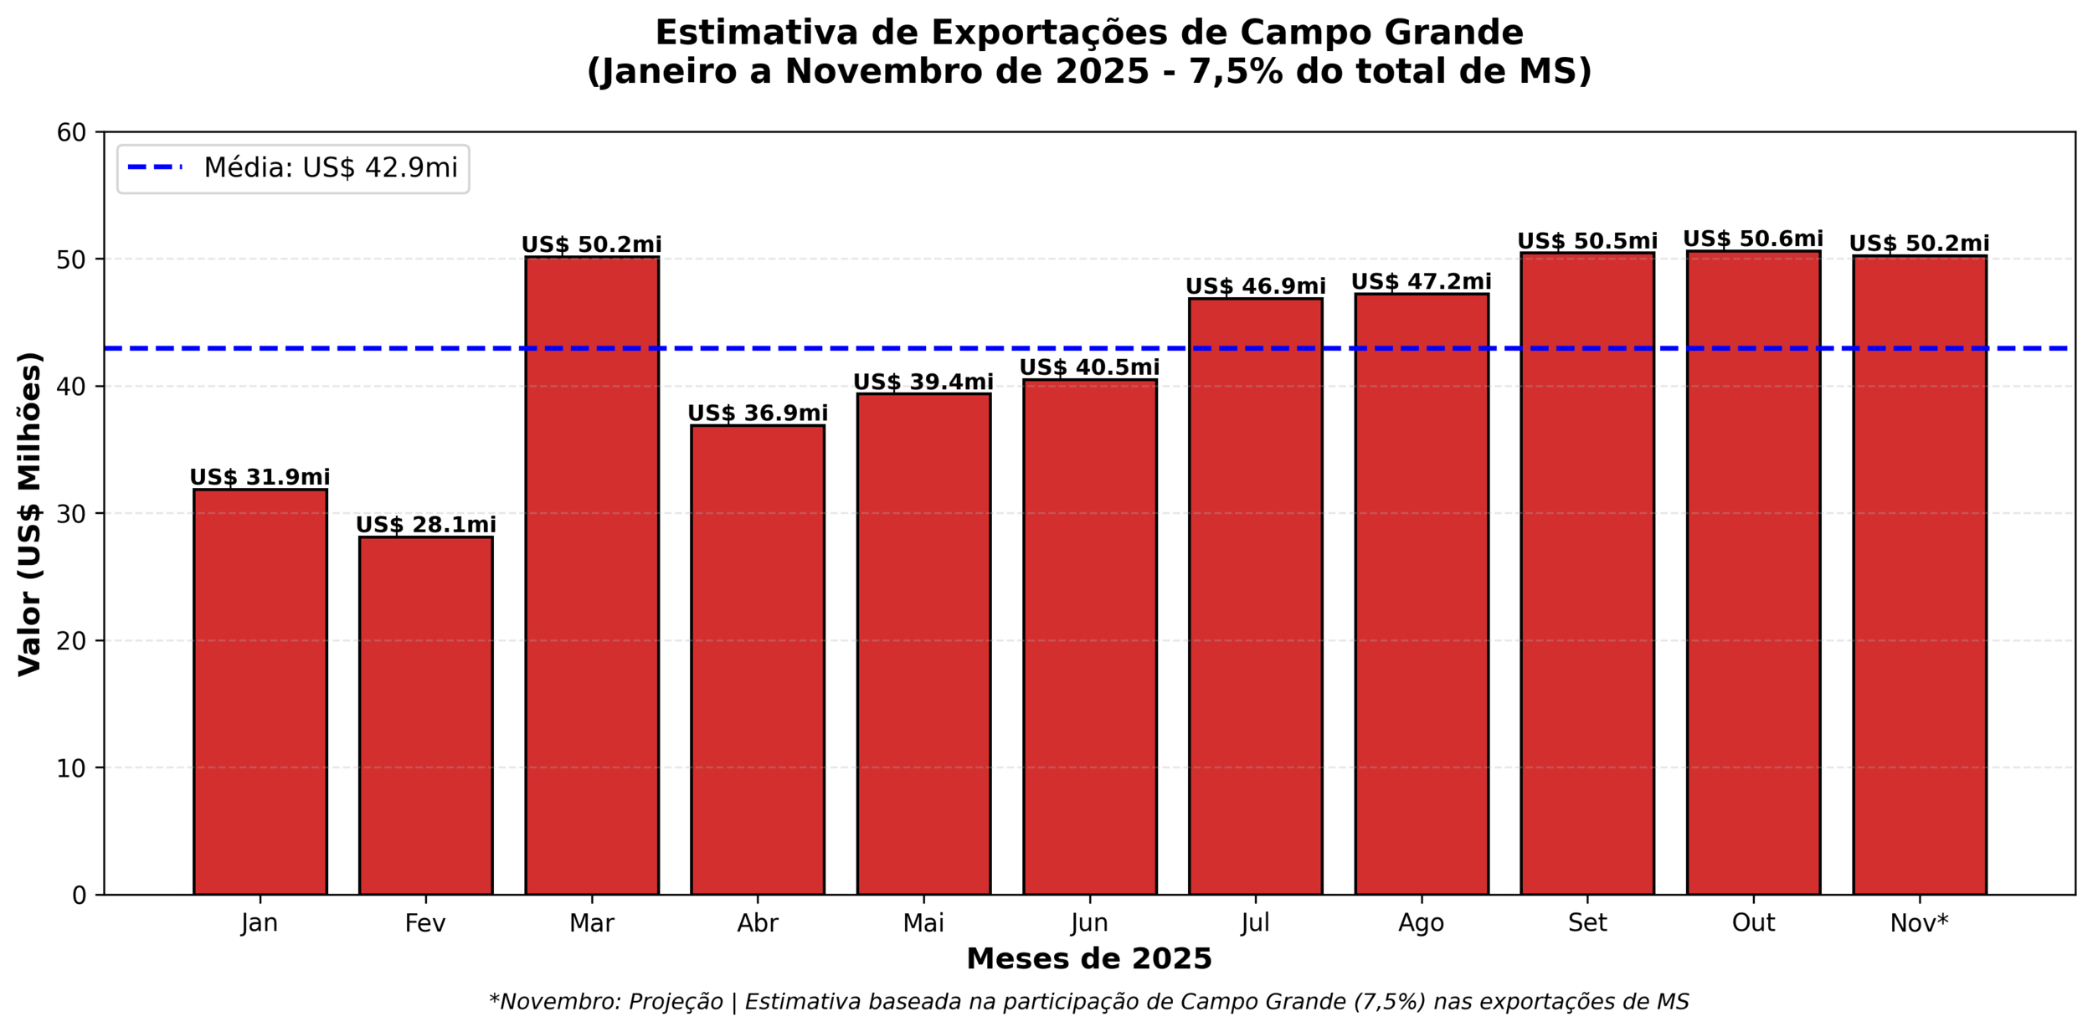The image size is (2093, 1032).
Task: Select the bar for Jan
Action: (x=260, y=692)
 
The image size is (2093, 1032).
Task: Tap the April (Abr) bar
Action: (x=758, y=660)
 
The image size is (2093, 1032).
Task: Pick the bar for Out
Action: (x=1753, y=573)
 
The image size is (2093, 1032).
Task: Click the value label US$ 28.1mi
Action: (x=425, y=525)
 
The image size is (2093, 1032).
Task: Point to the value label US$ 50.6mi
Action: (x=1753, y=239)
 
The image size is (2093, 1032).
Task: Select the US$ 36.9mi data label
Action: (x=758, y=413)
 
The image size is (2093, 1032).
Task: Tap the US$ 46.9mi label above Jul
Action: (x=1256, y=286)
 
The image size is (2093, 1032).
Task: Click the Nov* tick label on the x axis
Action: (x=1919, y=923)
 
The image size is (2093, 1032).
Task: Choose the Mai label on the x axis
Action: (x=923, y=923)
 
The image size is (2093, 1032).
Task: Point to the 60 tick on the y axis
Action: (x=72, y=132)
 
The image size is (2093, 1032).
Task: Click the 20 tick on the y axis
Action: (x=72, y=641)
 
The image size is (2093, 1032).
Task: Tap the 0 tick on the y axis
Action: (x=80, y=896)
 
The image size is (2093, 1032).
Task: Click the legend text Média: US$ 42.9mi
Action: (x=331, y=168)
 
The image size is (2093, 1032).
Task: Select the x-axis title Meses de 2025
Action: (x=1089, y=959)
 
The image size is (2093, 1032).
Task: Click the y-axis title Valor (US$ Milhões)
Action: (x=30, y=514)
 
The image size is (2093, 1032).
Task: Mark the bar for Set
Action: (x=1587, y=574)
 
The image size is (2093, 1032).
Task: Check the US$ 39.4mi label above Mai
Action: (x=923, y=383)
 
